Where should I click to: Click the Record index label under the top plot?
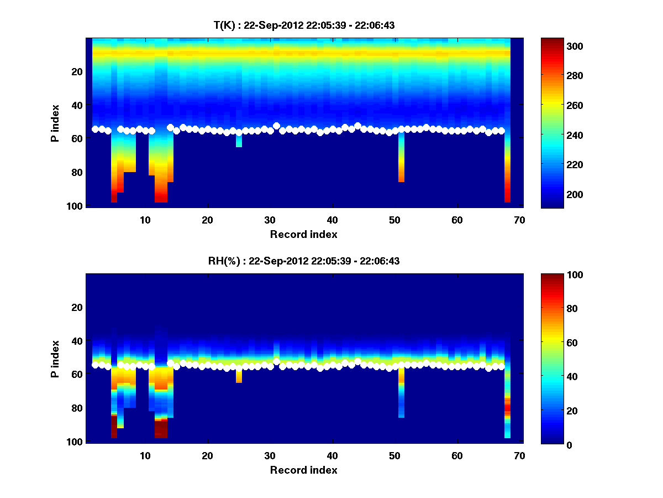coord(303,234)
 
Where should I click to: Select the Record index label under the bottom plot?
coord(303,470)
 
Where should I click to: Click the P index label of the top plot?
coord(55,123)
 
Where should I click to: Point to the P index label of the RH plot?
coord(55,359)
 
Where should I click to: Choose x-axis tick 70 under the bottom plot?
coord(519,455)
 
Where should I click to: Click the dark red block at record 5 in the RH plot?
coord(114,427)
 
